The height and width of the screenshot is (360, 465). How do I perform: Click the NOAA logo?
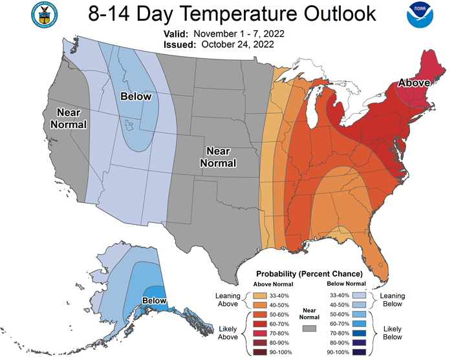(420, 15)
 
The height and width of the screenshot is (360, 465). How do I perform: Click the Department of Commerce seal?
(44, 15)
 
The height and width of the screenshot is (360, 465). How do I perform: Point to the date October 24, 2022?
(237, 45)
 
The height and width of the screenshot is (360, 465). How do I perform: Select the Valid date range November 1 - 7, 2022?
(239, 34)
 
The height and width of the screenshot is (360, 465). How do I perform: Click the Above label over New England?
(414, 83)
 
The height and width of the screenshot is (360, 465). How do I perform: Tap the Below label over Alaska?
(154, 301)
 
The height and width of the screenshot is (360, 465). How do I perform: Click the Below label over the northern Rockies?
(136, 96)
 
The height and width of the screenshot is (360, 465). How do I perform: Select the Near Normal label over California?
(69, 118)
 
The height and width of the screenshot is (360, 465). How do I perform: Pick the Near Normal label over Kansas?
(218, 157)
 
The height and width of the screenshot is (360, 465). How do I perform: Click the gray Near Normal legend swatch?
(309, 328)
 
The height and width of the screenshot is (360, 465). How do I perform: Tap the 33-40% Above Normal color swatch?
(260, 295)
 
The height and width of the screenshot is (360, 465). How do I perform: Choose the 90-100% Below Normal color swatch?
(359, 352)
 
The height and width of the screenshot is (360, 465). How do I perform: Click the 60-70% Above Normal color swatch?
(260, 324)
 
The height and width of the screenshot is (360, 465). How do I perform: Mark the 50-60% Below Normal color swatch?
(359, 314)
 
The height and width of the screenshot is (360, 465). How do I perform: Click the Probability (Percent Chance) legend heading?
(309, 274)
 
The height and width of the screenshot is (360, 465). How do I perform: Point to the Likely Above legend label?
(228, 333)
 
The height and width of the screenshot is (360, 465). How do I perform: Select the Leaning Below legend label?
(393, 299)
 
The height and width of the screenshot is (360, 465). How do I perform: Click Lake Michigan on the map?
(312, 107)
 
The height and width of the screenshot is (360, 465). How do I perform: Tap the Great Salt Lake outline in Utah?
(129, 125)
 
